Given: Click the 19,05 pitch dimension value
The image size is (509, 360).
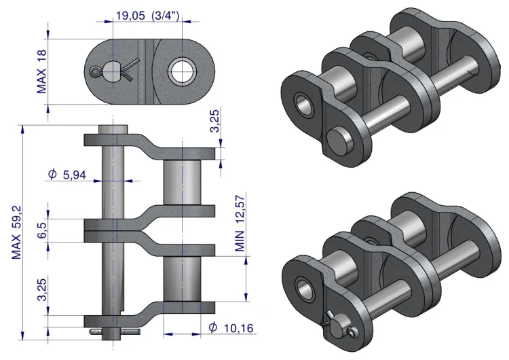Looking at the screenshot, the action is pos(130,16).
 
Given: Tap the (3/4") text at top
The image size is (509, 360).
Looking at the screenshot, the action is pos(165,16).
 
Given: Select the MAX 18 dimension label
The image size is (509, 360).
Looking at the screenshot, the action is pos(42,72).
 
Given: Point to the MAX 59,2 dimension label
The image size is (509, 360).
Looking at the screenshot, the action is pos(16,232).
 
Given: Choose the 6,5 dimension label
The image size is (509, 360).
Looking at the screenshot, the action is pos(42,230).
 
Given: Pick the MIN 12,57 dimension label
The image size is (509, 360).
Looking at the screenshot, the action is pos(240,223).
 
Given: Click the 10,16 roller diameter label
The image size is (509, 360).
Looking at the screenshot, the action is pos(239,328).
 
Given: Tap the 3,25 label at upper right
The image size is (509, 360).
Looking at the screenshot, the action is pos(215,121).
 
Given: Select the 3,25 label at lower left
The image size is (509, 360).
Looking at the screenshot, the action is pos(42,290).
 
